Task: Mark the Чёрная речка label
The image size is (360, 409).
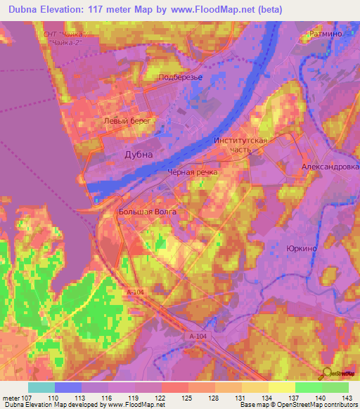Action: pos(192,171)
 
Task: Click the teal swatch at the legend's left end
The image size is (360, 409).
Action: pos(41,387)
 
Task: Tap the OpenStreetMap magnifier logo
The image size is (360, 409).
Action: pos(326,372)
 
